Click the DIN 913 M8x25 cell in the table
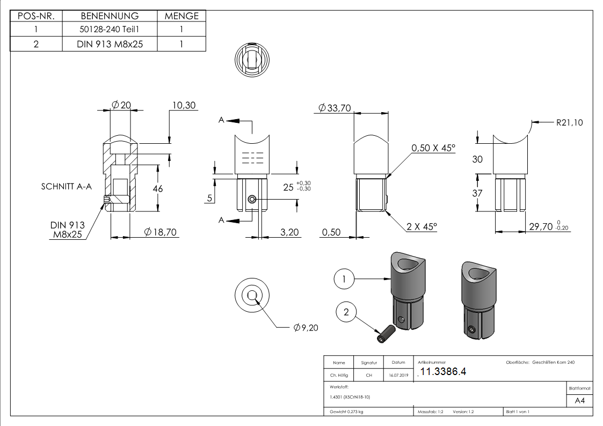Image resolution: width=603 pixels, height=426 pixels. (110, 44)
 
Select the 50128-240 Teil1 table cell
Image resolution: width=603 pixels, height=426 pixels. (110, 30)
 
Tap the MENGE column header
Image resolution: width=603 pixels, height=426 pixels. (181, 16)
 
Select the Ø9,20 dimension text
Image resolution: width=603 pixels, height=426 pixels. (306, 327)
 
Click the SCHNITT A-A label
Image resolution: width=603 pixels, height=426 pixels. (67, 187)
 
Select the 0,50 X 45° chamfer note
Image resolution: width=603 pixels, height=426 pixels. (433, 148)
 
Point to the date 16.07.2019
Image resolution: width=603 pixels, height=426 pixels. (398, 376)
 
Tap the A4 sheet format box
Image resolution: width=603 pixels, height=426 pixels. (579, 401)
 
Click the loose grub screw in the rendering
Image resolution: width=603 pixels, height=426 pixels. (384, 334)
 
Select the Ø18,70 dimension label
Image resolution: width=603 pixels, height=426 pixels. (161, 232)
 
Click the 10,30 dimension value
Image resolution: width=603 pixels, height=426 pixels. (183, 105)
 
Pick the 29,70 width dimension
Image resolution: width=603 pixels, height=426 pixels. (548, 227)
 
